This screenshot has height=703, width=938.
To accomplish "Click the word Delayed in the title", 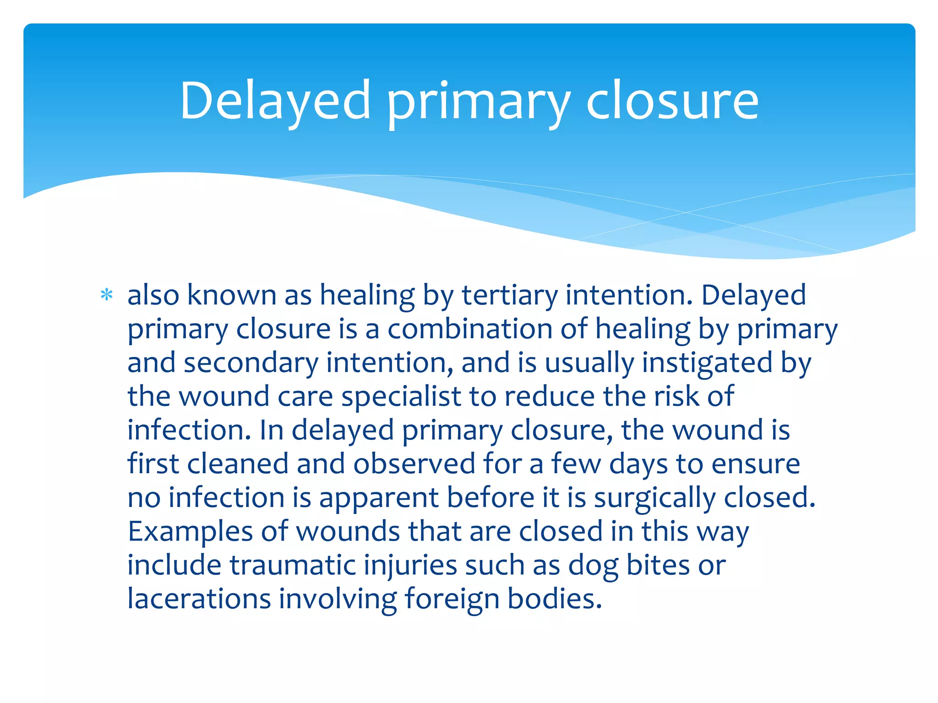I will click(x=275, y=101).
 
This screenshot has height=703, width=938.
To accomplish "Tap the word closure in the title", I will click(x=672, y=101).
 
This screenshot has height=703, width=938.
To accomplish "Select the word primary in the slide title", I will click(x=478, y=103).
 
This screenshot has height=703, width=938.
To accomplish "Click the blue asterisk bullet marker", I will click(x=107, y=295).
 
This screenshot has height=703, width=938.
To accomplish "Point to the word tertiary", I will click(x=509, y=295).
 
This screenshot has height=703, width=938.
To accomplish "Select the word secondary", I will click(x=251, y=363).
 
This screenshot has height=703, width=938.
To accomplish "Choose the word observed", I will click(x=414, y=464).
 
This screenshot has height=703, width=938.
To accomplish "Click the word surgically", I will click(x=654, y=498).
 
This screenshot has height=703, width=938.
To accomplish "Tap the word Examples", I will click(x=190, y=531).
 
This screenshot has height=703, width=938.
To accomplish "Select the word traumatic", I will click(x=293, y=565).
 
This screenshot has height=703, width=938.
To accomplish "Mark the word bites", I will click(x=658, y=565).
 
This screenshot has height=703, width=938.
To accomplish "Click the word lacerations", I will click(x=199, y=599).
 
